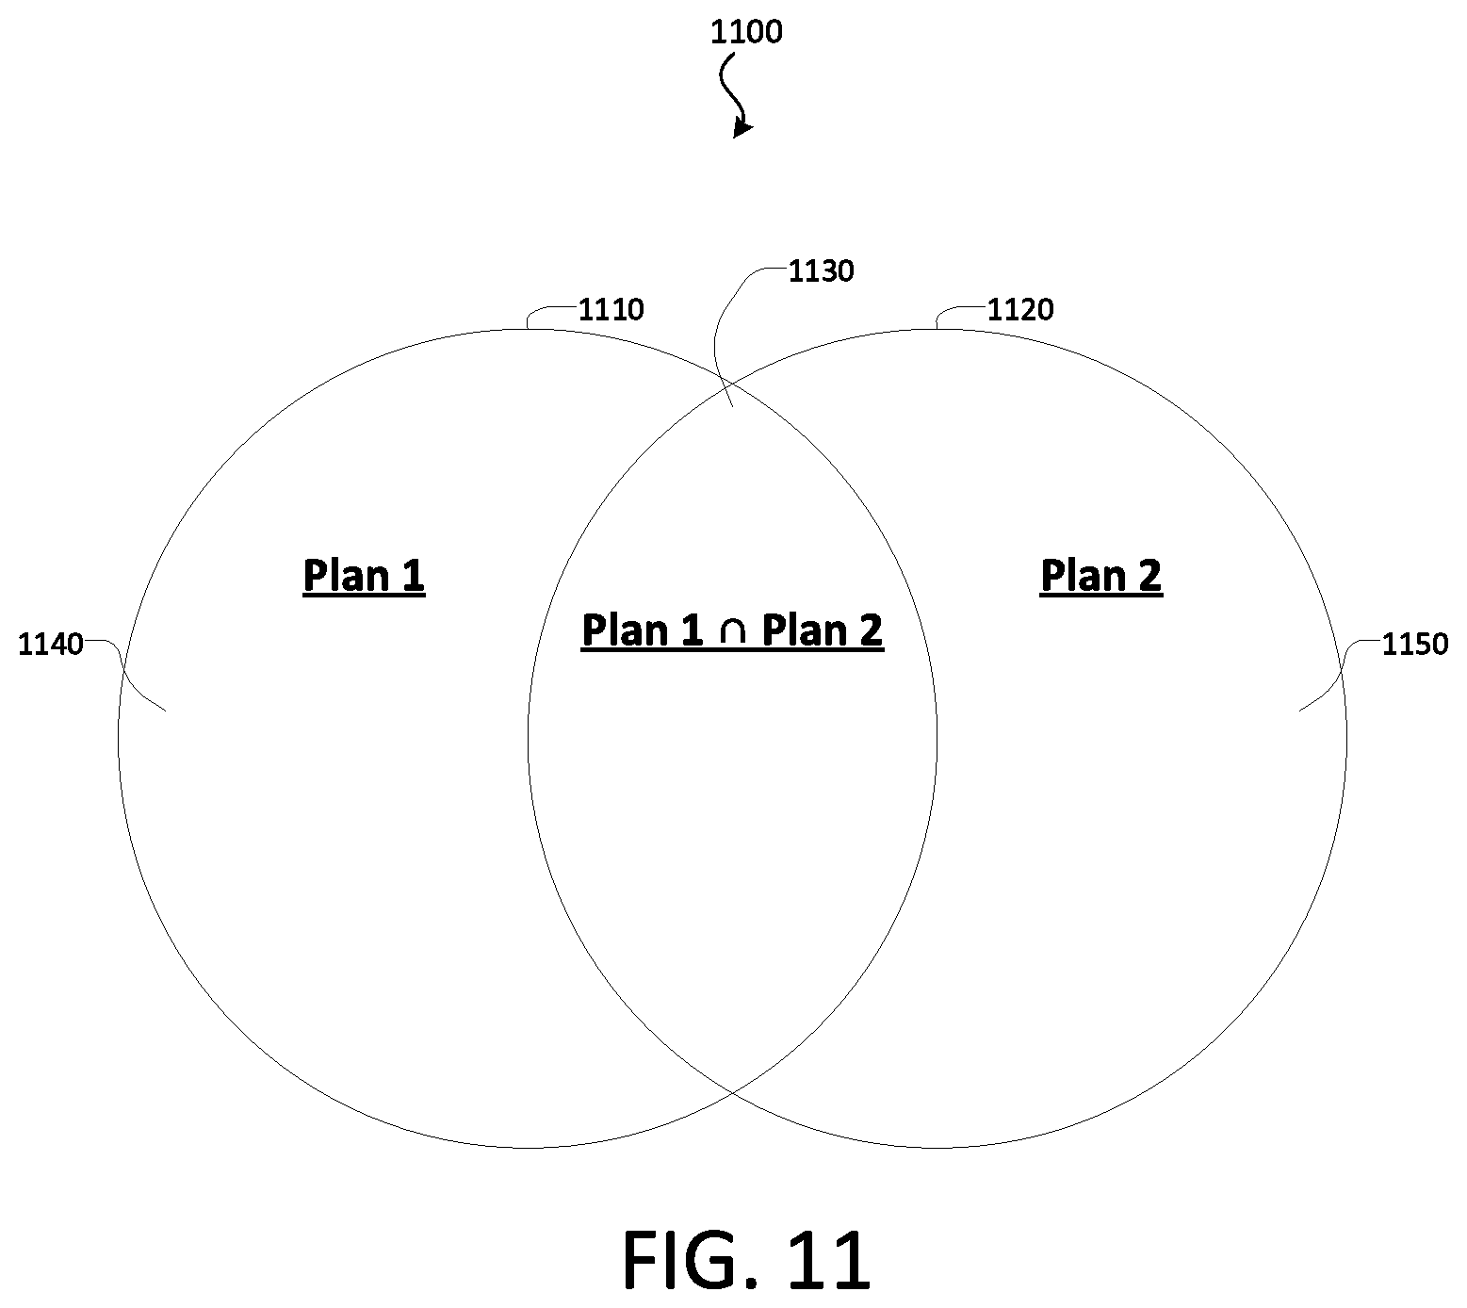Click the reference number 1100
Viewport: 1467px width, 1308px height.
[745, 32]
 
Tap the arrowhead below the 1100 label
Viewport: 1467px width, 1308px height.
[742, 128]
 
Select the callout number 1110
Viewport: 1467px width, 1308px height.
[611, 309]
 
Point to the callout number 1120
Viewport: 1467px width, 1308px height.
[1020, 309]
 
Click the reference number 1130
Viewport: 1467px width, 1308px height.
[821, 271]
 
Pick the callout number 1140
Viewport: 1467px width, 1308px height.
[51, 646]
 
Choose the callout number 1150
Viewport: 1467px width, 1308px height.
[1414, 645]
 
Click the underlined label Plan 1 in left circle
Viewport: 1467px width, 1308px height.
[364, 575]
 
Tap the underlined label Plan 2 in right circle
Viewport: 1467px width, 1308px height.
[1100, 575]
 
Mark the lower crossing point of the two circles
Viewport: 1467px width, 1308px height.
[732, 1094]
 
